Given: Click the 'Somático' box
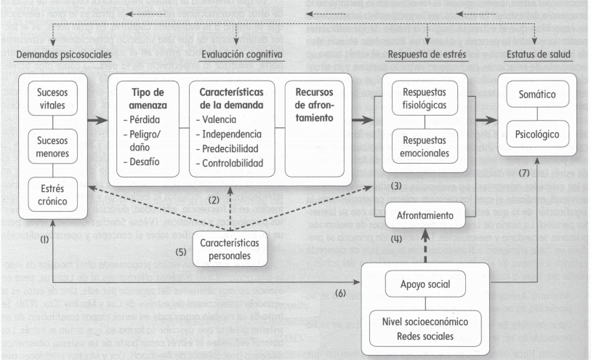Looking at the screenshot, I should pyautogui.click(x=536, y=95).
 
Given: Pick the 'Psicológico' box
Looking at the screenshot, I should pyautogui.click(x=536, y=135).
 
